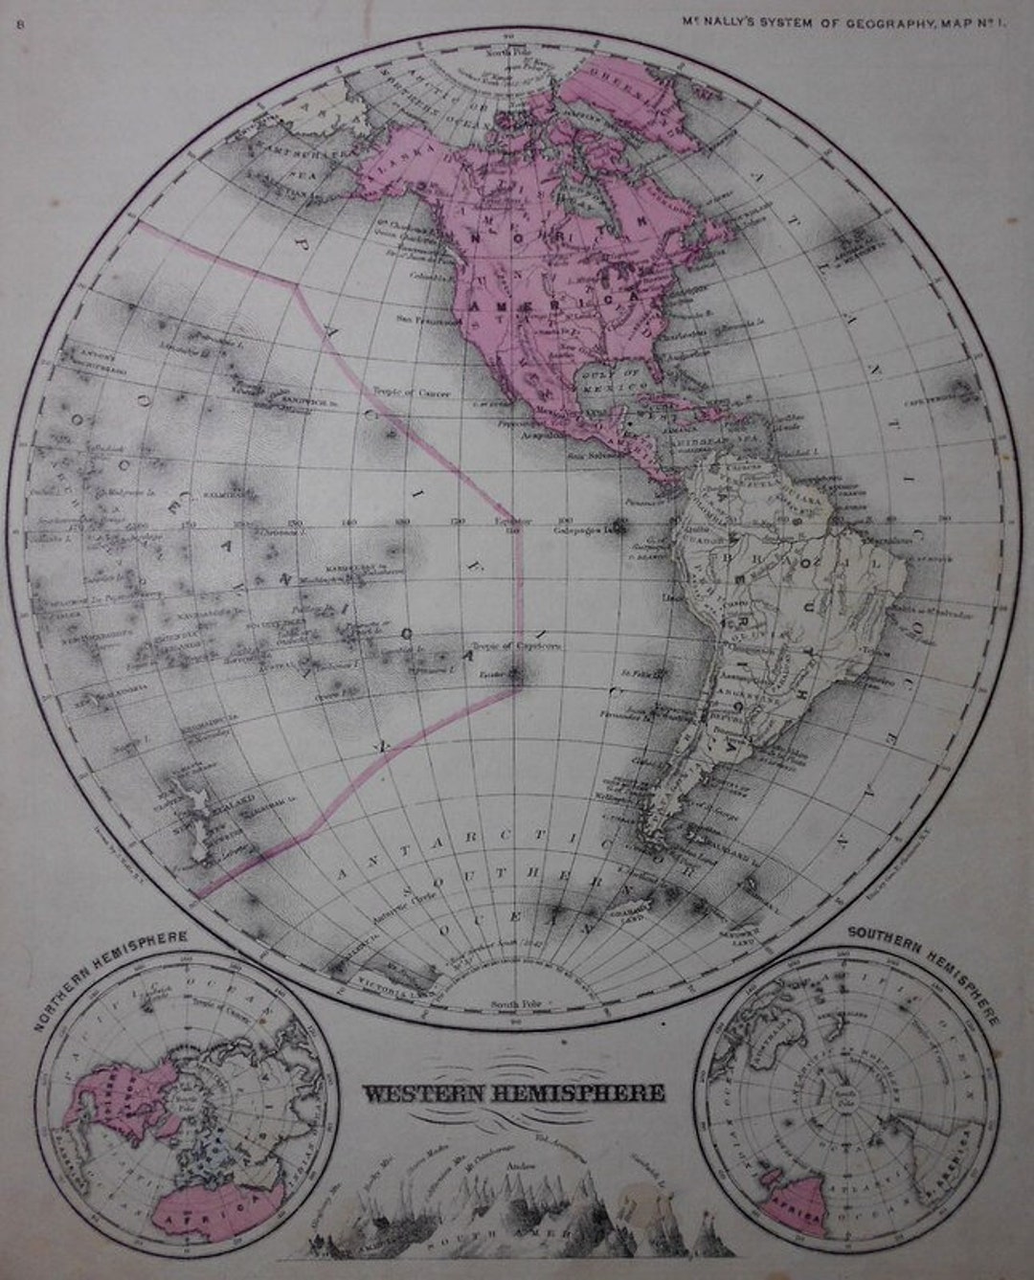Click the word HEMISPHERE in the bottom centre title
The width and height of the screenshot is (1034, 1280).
click(578, 1092)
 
